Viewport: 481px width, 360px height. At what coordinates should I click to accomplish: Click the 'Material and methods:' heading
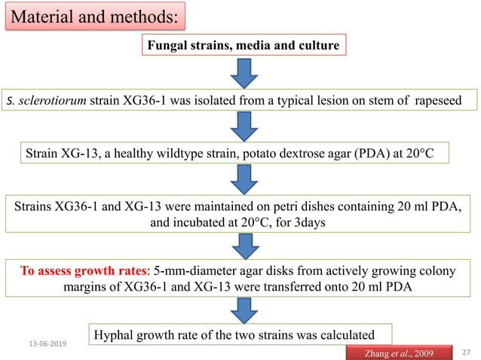94,15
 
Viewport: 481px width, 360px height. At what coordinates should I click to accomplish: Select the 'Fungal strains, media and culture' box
242,45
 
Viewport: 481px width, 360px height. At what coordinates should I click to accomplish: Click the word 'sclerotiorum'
44,101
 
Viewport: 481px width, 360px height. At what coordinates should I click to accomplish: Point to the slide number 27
465,351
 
